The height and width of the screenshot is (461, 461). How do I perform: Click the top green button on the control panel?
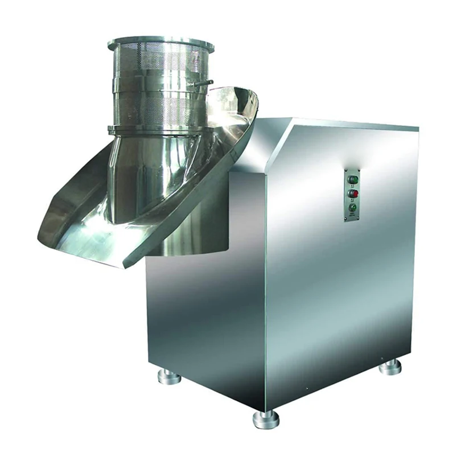pos(351,179)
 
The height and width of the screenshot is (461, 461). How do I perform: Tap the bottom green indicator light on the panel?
pos(352,208)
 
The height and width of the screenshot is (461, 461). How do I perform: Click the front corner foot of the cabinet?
pos(266,419)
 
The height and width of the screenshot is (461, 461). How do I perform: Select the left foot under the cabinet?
pos(170,377)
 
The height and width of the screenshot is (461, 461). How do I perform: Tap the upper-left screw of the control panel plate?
pos(347,170)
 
